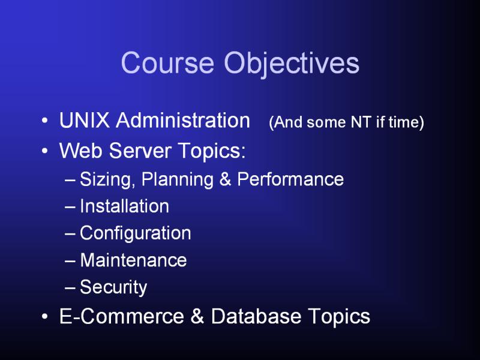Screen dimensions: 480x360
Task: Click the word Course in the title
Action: pyautogui.click(x=167, y=62)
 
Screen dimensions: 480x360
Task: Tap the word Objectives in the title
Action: pyautogui.click(x=292, y=64)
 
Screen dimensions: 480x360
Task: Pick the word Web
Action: pyautogui.click(x=81, y=151)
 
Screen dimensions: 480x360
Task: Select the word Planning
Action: pyautogui.click(x=178, y=179)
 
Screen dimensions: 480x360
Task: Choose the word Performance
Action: pyautogui.click(x=290, y=179)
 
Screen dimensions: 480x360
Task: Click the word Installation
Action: pyautogui.click(x=125, y=206)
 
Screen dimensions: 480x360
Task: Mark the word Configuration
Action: pyautogui.click(x=136, y=234)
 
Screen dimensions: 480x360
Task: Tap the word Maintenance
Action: pyautogui.click(x=133, y=260)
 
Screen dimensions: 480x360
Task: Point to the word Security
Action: pyautogui.click(x=113, y=288)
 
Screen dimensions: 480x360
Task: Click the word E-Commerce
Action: pyautogui.click(x=122, y=316)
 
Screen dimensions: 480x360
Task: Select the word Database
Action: pyautogui.click(x=256, y=316)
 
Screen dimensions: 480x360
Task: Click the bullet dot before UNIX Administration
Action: pyautogui.click(x=44, y=121)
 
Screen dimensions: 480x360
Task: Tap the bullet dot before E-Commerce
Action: pyautogui.click(x=44, y=317)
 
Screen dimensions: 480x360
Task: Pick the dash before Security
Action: pyautogui.click(x=70, y=288)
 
